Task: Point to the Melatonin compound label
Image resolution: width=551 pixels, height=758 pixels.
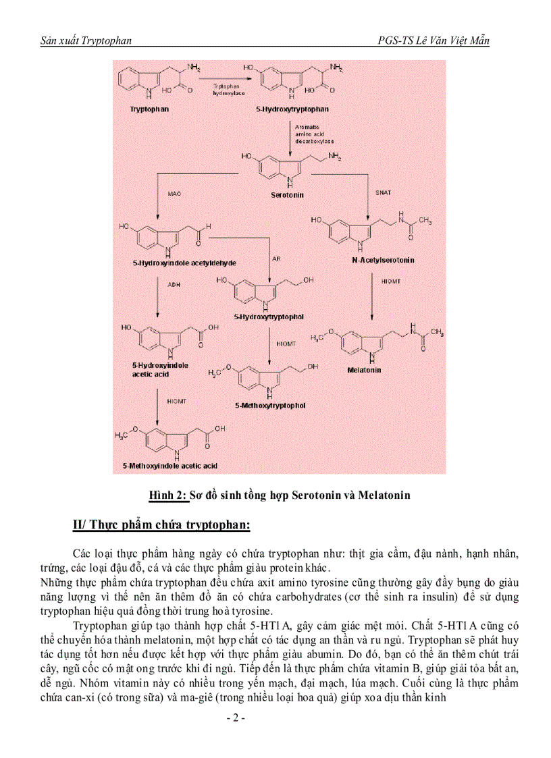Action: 364,370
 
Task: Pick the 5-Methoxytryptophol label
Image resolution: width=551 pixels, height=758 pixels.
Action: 270,406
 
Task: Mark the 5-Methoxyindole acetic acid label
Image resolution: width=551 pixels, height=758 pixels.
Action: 169,466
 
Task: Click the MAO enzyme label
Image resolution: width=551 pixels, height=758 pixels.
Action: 174,194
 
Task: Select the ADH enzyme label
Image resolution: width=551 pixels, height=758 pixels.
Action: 174,286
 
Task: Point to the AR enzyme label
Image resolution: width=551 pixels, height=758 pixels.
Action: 275,259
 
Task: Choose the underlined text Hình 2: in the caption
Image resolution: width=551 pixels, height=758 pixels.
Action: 167,495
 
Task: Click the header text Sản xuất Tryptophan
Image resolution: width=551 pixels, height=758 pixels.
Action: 86,40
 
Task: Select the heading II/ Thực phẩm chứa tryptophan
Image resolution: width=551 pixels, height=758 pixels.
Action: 161,524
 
